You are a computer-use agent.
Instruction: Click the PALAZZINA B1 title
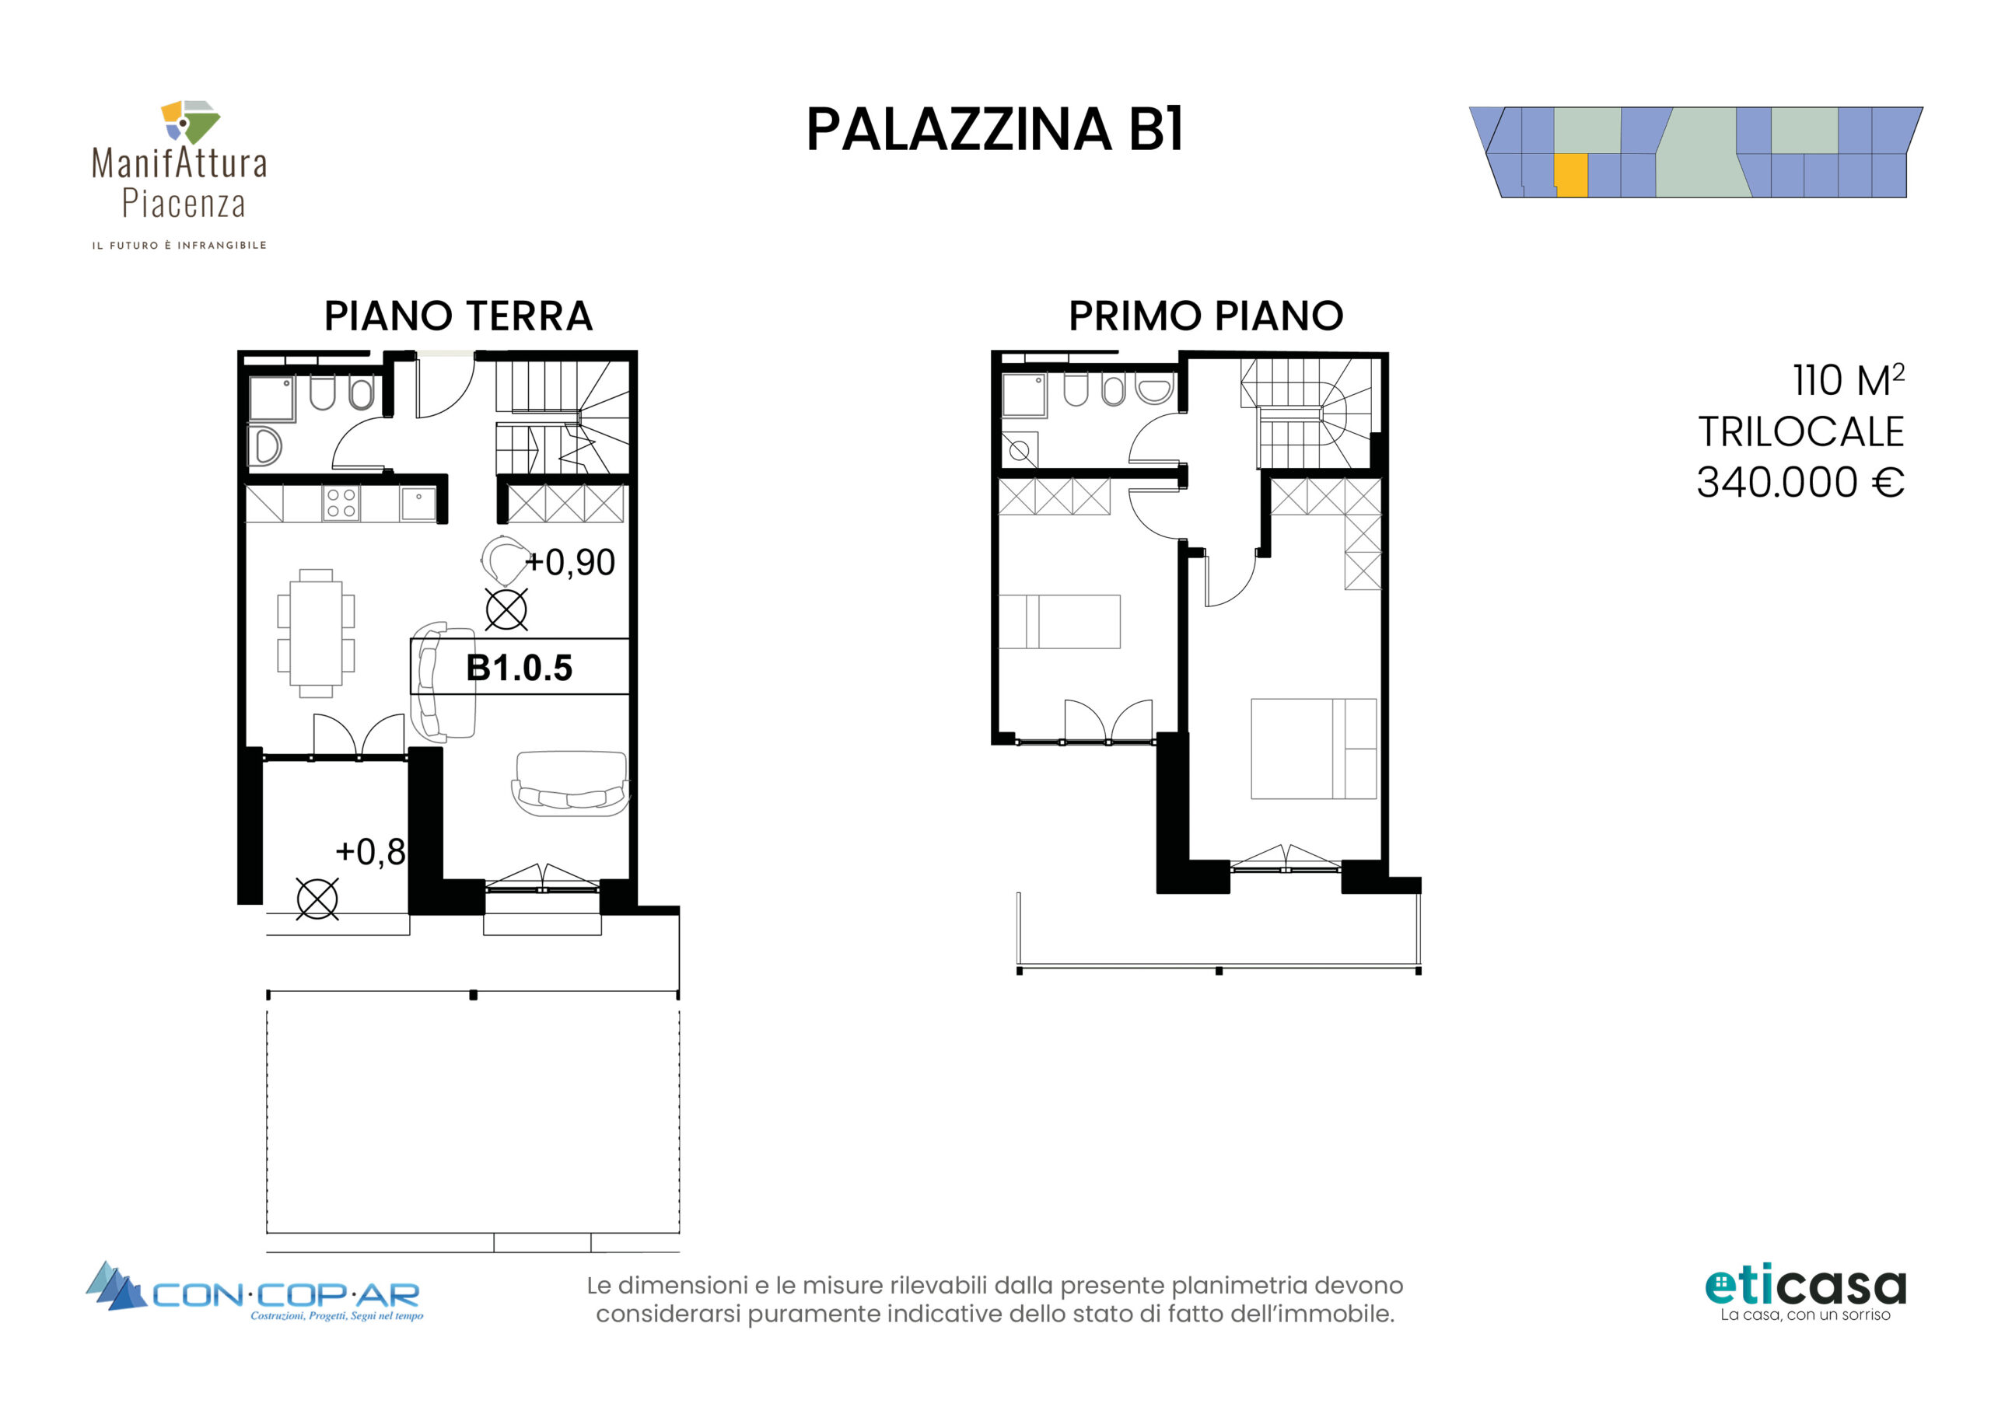coord(995,130)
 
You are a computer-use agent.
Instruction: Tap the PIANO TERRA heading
coord(458,316)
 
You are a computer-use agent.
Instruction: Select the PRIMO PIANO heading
coord(1205,316)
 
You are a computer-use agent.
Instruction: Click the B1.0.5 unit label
coord(520,668)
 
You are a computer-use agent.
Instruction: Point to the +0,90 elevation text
coord(570,563)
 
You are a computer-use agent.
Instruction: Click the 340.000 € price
coord(1800,482)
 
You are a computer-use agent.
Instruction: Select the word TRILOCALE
coord(1801,431)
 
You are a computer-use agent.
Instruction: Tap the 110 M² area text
coord(1849,381)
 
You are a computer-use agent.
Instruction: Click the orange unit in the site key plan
coord(1570,176)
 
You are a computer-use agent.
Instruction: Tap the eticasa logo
coord(1805,1294)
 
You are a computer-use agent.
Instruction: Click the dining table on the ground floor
coord(316,633)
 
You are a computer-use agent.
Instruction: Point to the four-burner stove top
coord(341,504)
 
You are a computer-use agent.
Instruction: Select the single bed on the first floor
coord(1058,622)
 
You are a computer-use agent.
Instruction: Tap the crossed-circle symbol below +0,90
coord(506,609)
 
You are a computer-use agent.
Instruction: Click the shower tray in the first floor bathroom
coord(1024,396)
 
